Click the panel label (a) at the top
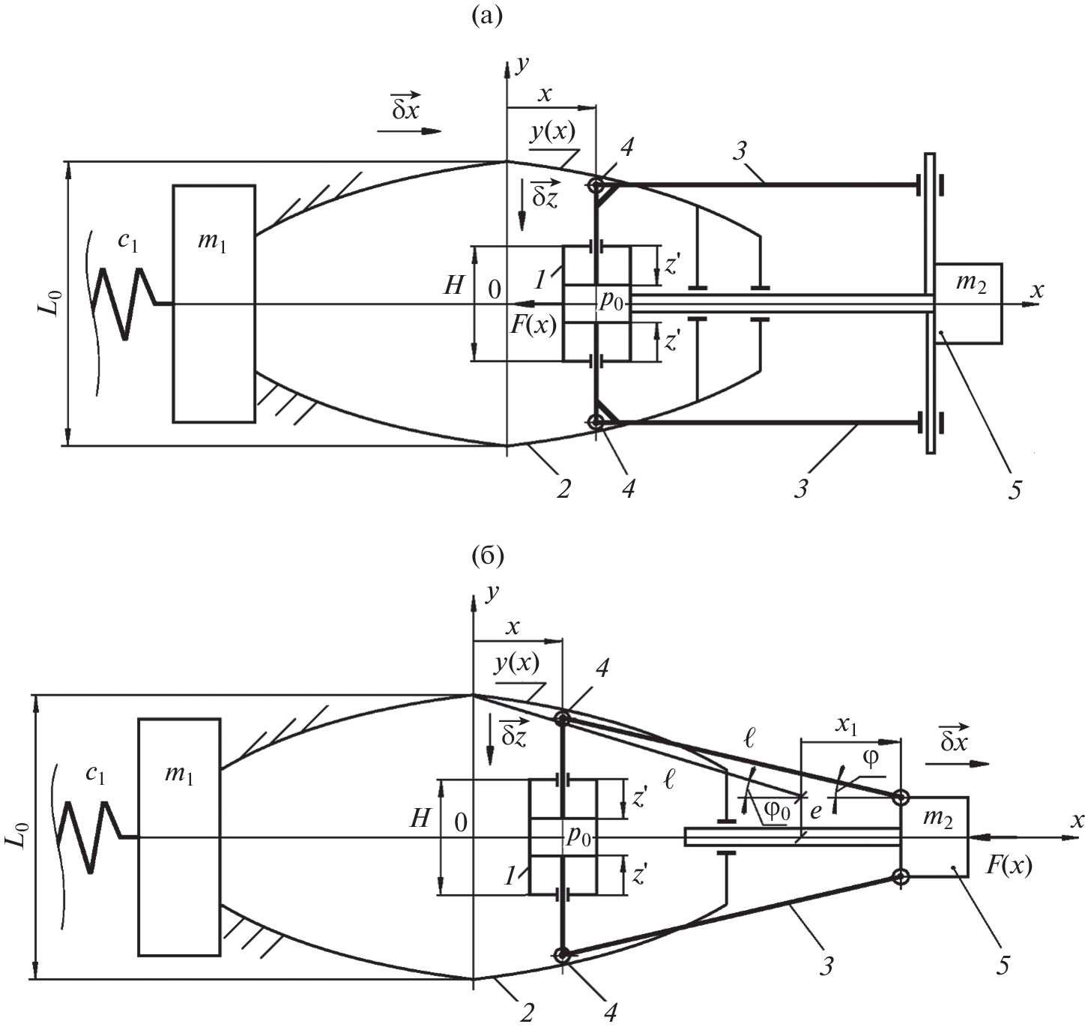click(488, 16)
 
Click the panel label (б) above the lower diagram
click(488, 556)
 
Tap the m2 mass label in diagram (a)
click(968, 284)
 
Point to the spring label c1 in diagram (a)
click(128, 241)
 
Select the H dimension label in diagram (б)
click(420, 817)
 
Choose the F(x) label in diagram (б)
click(1009, 866)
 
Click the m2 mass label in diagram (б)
click(937, 818)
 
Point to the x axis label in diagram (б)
click(1077, 820)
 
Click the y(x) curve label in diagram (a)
click(553, 132)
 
